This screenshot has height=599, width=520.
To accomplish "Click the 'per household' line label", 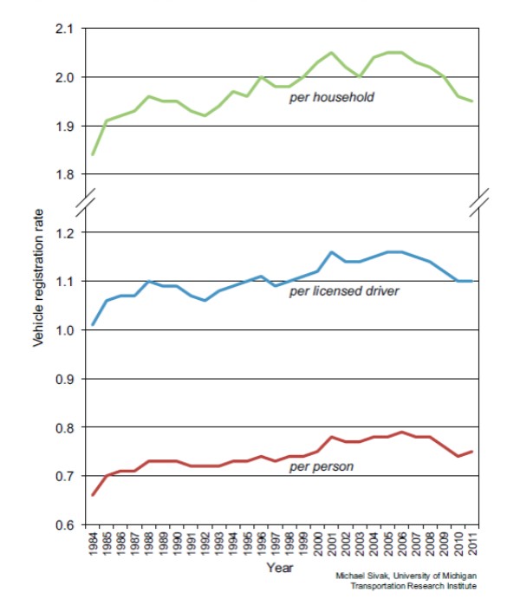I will tap(332, 97).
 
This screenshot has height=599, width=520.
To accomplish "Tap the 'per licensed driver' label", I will tap(344, 290).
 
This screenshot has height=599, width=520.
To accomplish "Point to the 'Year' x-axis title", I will tap(279, 569).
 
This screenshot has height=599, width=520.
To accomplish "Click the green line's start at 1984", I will tap(93, 154).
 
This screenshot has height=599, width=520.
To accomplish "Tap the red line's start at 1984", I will tap(93, 495).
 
